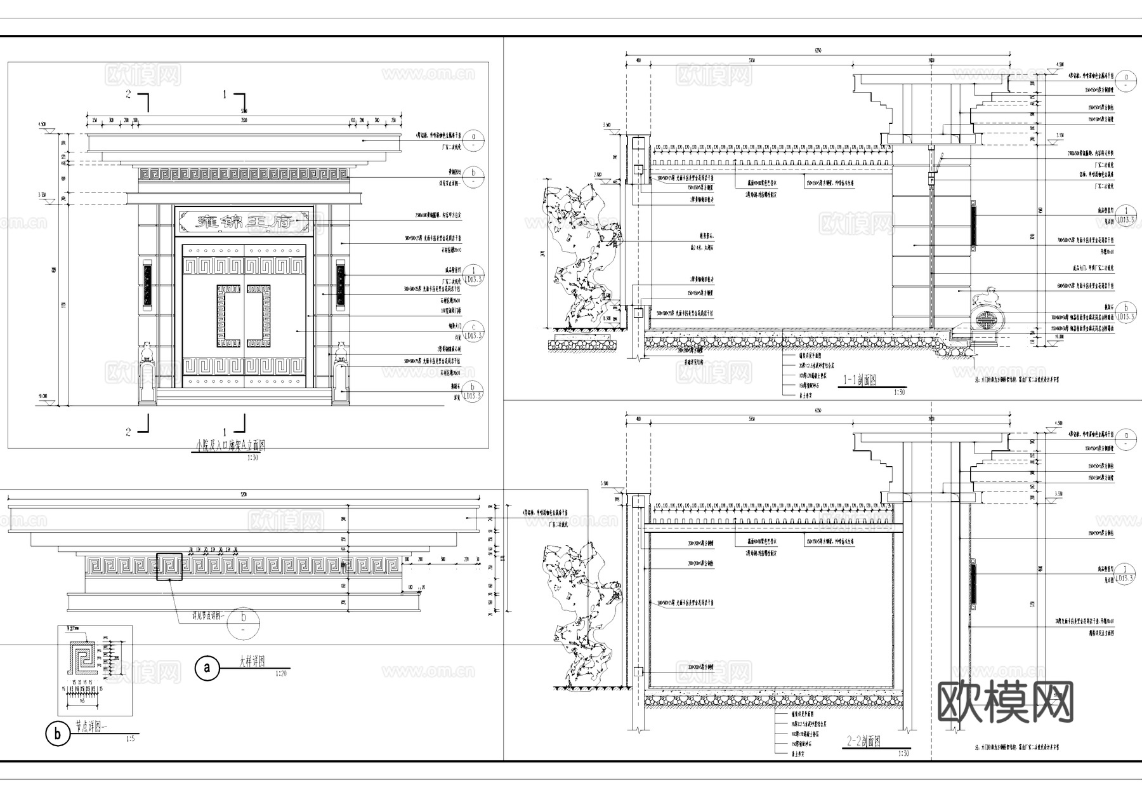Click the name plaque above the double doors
coord(244,222)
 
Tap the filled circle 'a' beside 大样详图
coord(207,668)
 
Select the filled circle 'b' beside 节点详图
coord(58,734)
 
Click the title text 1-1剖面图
coord(859,380)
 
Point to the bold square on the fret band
coord(169,567)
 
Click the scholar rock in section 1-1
coord(581,254)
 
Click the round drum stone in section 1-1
coord(985,318)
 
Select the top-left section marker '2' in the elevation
coord(129,95)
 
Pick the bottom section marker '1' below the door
coord(225,432)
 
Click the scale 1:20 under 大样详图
coord(280,674)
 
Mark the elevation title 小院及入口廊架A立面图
coord(230,445)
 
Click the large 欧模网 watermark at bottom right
coord(1005,702)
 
